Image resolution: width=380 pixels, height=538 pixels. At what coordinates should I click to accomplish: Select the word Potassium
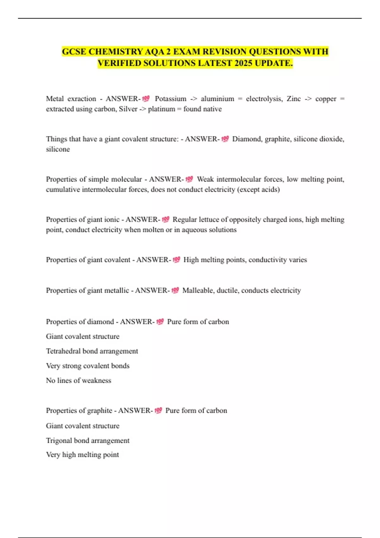coord(170,99)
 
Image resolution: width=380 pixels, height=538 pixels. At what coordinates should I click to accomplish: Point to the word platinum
coord(161,109)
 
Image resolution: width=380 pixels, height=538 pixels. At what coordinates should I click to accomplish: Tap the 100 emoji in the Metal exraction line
coord(146,99)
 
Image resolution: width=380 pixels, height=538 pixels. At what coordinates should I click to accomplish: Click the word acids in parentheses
coord(269,190)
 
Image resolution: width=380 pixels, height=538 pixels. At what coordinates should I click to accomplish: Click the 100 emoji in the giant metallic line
coord(175,290)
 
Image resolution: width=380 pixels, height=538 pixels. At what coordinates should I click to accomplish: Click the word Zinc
coord(294,99)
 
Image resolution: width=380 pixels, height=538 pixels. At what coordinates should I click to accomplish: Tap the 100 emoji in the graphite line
coord(158,410)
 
